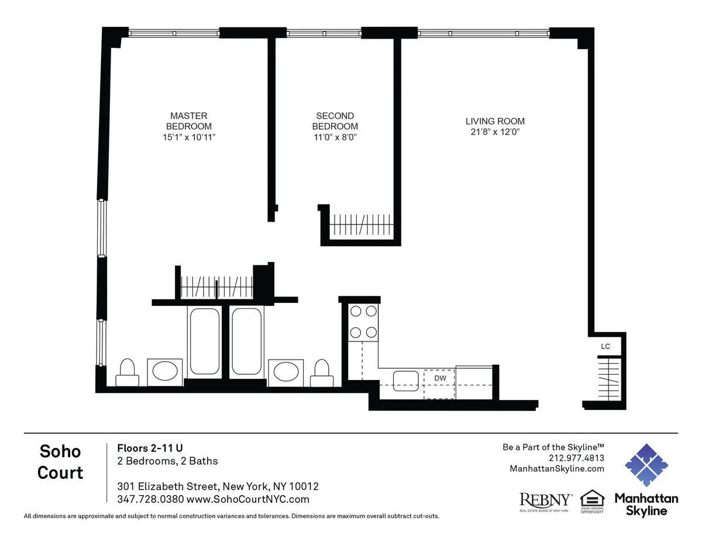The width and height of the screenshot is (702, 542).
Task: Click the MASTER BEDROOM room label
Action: pyautogui.click(x=188, y=121)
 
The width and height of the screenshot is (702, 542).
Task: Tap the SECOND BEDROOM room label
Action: pyautogui.click(x=335, y=121)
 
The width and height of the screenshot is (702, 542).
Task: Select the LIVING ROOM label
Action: pyautogui.click(x=495, y=121)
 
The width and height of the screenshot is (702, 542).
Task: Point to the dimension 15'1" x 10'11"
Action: pyautogui.click(x=188, y=137)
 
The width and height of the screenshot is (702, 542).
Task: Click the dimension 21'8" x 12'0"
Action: pyautogui.click(x=495, y=132)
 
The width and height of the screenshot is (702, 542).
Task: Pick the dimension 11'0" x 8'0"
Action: pyautogui.click(x=335, y=137)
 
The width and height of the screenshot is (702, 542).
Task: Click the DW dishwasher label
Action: pyautogui.click(x=440, y=378)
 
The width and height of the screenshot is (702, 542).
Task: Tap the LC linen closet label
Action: pyautogui.click(x=605, y=347)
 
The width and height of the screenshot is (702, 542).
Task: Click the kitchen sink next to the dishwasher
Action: pyautogui.click(x=405, y=380)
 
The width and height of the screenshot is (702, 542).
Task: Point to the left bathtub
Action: pyautogui.click(x=204, y=341)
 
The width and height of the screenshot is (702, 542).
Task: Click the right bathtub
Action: pyautogui.click(x=247, y=341)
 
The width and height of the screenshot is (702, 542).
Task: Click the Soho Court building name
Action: pyautogui.click(x=60, y=461)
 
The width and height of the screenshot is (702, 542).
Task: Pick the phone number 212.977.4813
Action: pyautogui.click(x=576, y=458)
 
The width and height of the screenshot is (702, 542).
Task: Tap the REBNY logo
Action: pyautogui.click(x=546, y=500)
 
